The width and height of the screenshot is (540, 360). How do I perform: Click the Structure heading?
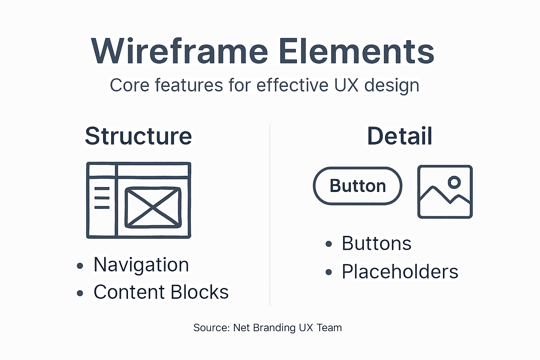coord(139,136)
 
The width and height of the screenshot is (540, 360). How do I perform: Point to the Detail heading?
coord(399,136)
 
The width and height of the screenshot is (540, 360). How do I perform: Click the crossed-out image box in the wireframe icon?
coord(153,207)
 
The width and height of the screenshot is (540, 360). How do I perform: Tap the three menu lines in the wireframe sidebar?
coord(102,198)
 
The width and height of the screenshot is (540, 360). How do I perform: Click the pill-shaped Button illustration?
coord(358,186)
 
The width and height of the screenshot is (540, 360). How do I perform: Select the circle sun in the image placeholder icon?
coord(454,182)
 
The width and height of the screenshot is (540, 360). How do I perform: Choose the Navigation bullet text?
coord(141,265)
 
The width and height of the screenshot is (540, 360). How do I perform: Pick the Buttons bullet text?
coord(377,243)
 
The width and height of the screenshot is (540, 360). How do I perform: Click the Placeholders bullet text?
coord(400,272)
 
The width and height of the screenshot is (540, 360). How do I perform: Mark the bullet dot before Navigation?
coord(80,265)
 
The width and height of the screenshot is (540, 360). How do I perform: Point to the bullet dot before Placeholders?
coord(329,272)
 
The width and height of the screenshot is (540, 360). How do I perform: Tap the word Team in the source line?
coord(329,328)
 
